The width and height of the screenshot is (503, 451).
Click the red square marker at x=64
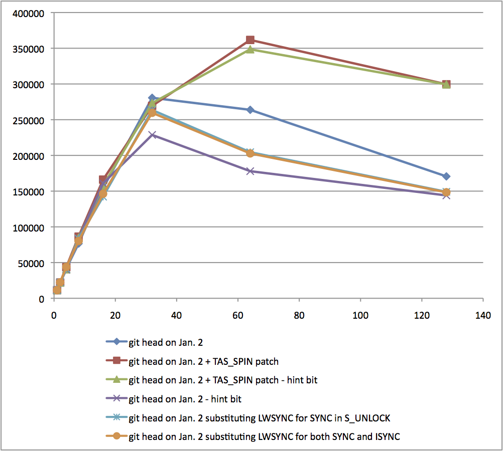coord(250,40)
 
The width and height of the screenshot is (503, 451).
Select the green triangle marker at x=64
coord(250,49)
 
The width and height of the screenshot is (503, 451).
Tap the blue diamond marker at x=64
coord(250,110)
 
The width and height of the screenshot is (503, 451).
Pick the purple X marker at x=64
coord(250,171)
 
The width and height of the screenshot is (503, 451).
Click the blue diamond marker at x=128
coord(446,176)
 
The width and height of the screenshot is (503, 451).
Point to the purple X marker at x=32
coord(152,135)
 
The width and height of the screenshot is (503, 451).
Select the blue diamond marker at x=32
coord(152,98)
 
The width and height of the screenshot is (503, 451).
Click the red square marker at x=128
coord(446,84)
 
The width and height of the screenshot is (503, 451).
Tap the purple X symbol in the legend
coord(116,399)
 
